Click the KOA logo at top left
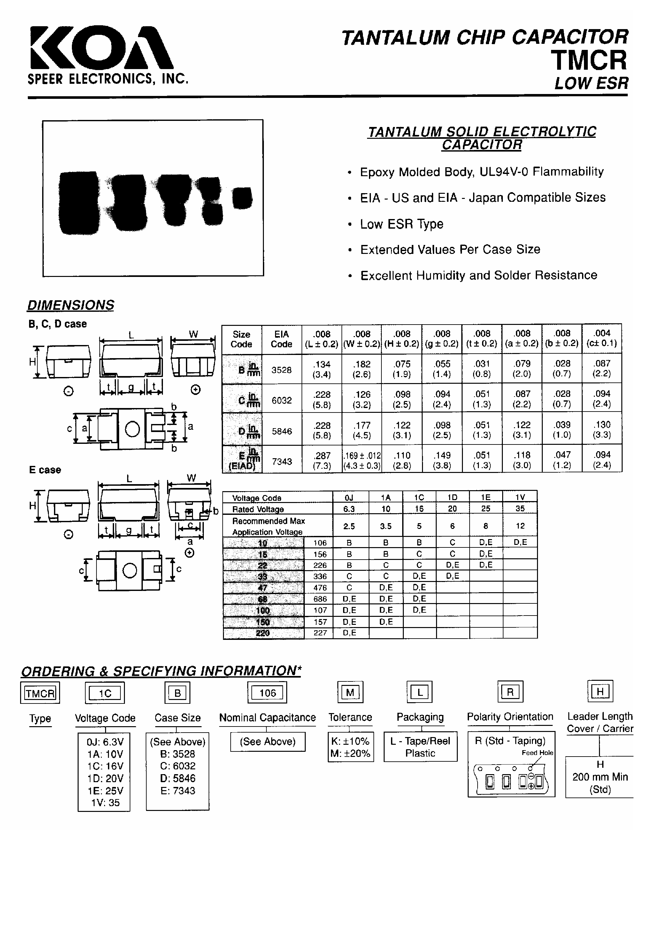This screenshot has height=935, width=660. point(102,48)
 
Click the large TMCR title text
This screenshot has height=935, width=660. point(588,60)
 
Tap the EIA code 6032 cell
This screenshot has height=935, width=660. point(281,400)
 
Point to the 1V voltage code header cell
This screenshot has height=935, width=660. point(520,497)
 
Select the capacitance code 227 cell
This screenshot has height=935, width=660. point(320,633)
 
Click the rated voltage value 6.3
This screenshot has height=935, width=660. point(349,509)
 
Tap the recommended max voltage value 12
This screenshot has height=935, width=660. point(520,526)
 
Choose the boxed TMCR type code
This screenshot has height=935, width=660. point(40,693)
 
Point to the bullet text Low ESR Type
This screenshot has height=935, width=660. point(402,224)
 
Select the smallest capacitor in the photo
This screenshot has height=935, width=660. point(242,198)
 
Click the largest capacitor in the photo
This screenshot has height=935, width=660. point(79,202)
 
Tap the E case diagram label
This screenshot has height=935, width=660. point(45,470)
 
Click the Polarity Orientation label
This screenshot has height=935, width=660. point(510,717)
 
